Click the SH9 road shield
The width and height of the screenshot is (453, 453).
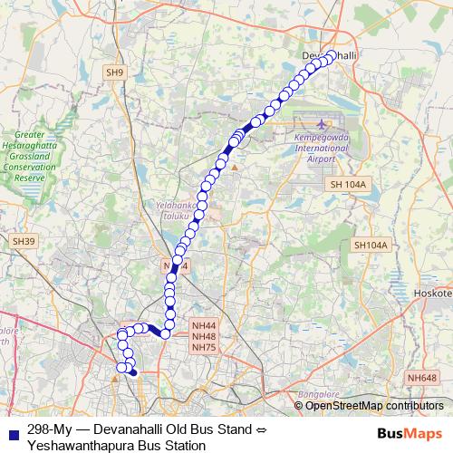113,72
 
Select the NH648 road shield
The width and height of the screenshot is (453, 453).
421,377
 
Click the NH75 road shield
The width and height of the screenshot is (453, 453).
204,347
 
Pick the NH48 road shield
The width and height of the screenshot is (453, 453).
204,336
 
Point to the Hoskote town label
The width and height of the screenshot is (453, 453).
433,294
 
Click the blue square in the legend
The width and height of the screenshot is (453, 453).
11,429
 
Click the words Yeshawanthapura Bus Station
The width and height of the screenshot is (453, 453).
111,445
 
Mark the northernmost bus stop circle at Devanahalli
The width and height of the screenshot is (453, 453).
331,54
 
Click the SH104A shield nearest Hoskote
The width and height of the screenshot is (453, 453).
370,245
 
